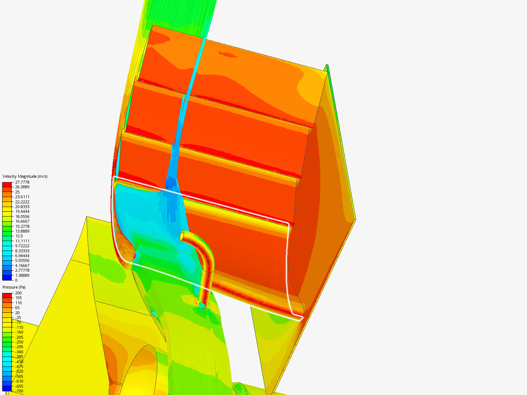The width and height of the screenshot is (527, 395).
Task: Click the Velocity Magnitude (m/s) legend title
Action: click(x=25, y=176)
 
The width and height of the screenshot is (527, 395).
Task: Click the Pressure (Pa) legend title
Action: click(x=14, y=287)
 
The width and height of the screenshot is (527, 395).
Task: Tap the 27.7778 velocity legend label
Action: click(x=22, y=182)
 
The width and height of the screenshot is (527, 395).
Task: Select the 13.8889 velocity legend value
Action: click(x=22, y=231)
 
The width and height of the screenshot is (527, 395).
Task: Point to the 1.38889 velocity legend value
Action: click(x=22, y=275)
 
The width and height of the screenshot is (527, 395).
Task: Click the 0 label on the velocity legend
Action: click(x=16, y=280)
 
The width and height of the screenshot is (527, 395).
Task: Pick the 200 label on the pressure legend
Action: click(x=18, y=293)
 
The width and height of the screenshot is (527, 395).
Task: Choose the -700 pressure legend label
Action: click(x=19, y=391)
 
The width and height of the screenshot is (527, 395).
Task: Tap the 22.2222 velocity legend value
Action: click(x=22, y=202)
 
